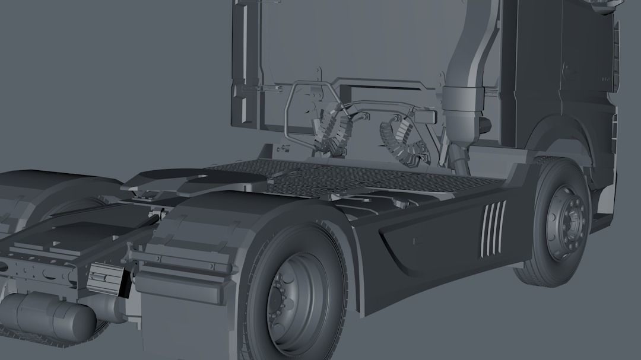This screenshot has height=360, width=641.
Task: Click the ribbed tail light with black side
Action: point(108,279)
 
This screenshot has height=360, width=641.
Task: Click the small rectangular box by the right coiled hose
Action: point(424,116)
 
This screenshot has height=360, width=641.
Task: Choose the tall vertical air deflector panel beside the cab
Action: point(245,65)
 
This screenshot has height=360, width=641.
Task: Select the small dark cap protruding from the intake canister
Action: point(485,125)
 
